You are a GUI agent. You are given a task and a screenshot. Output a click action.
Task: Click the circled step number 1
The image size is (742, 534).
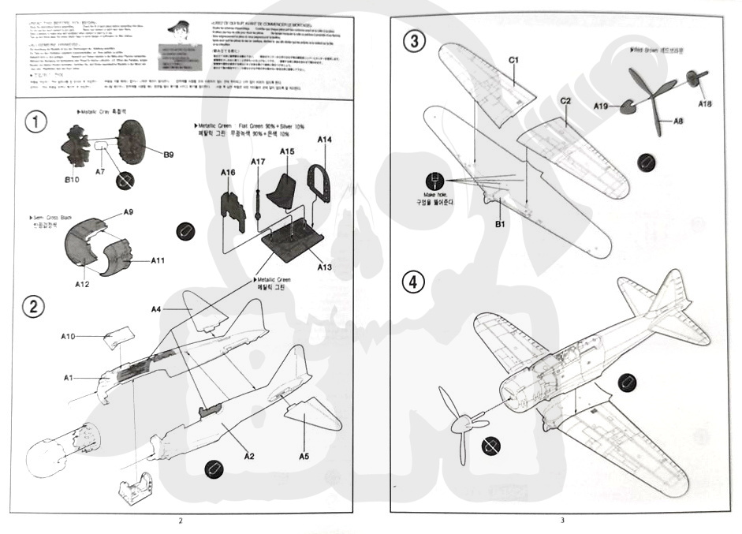pyautogui.click(x=35, y=123)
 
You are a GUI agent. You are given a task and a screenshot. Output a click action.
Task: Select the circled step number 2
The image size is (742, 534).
pyautogui.click(x=33, y=307)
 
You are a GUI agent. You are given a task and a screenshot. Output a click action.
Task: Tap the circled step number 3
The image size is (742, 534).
pyautogui.click(x=413, y=42)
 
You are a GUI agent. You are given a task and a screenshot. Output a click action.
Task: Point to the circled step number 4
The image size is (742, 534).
pyautogui.click(x=413, y=282)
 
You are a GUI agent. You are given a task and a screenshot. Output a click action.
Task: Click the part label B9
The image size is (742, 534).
pyautogui.click(x=168, y=155)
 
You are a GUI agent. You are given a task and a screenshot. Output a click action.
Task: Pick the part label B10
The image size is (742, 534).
pyautogui.click(x=73, y=181)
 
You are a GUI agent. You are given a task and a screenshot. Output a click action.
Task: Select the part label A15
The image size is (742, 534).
pyautogui.click(x=287, y=151)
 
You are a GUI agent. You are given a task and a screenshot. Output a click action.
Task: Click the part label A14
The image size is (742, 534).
pyautogui.click(x=325, y=140)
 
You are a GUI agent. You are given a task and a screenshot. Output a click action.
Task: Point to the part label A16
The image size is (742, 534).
pyautogui.click(x=228, y=172)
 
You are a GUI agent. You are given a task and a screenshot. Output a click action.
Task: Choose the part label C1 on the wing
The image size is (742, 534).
pyautogui.click(x=513, y=59)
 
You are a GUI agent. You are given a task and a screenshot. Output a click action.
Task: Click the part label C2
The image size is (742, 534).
pyautogui.click(x=565, y=101)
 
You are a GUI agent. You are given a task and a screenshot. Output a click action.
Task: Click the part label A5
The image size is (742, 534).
pyautogui.click(x=304, y=455)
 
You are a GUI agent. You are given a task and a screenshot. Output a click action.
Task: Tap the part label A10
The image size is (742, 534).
pyautogui.click(x=68, y=337)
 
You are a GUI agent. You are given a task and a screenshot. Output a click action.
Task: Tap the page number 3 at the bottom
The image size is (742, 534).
pyautogui.click(x=562, y=520)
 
